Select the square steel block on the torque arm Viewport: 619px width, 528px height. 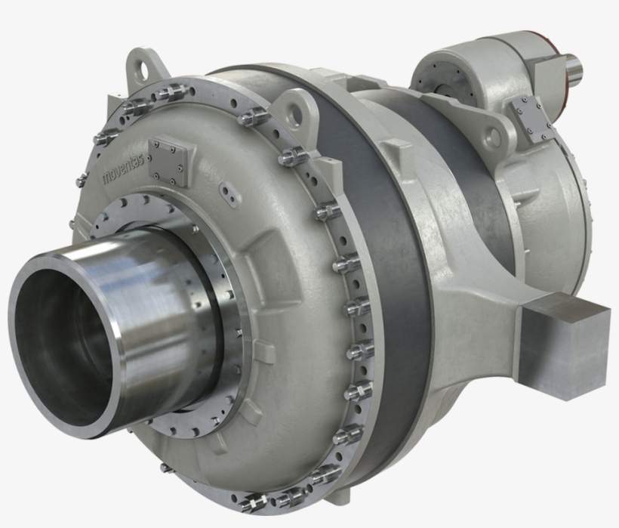pyautogui.click(x=567, y=343)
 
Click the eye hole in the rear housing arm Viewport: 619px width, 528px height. pyautogui.click(x=491, y=138)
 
